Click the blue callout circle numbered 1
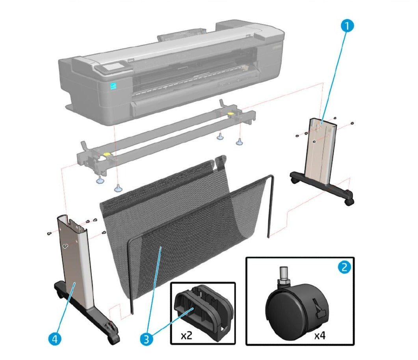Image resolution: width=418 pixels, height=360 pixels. pyautogui.click(x=347, y=26)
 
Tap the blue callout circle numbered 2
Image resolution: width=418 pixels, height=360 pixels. pyautogui.click(x=344, y=267)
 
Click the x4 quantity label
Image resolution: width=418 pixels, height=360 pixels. pyautogui.click(x=322, y=336)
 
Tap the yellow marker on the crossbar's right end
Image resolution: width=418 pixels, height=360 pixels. pyautogui.click(x=230, y=114)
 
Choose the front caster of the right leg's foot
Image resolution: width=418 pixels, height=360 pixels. pyautogui.click(x=349, y=201)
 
